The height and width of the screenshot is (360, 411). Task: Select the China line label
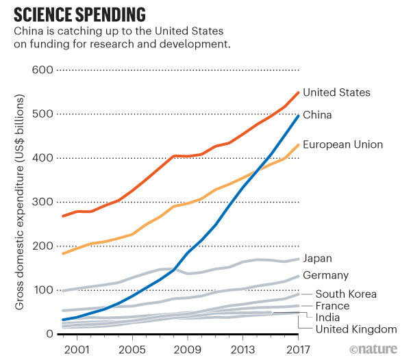pos(317,115)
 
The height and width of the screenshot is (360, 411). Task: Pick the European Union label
pos(342,144)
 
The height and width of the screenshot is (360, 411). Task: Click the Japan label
pos(317,258)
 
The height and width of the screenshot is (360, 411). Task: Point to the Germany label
pos(326,275)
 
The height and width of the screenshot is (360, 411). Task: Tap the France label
pos(332,306)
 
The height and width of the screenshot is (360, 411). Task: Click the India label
pos(327,318)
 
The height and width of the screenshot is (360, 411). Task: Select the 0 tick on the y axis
pos(49,334)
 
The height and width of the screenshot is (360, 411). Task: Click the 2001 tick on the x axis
pos(77,348)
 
